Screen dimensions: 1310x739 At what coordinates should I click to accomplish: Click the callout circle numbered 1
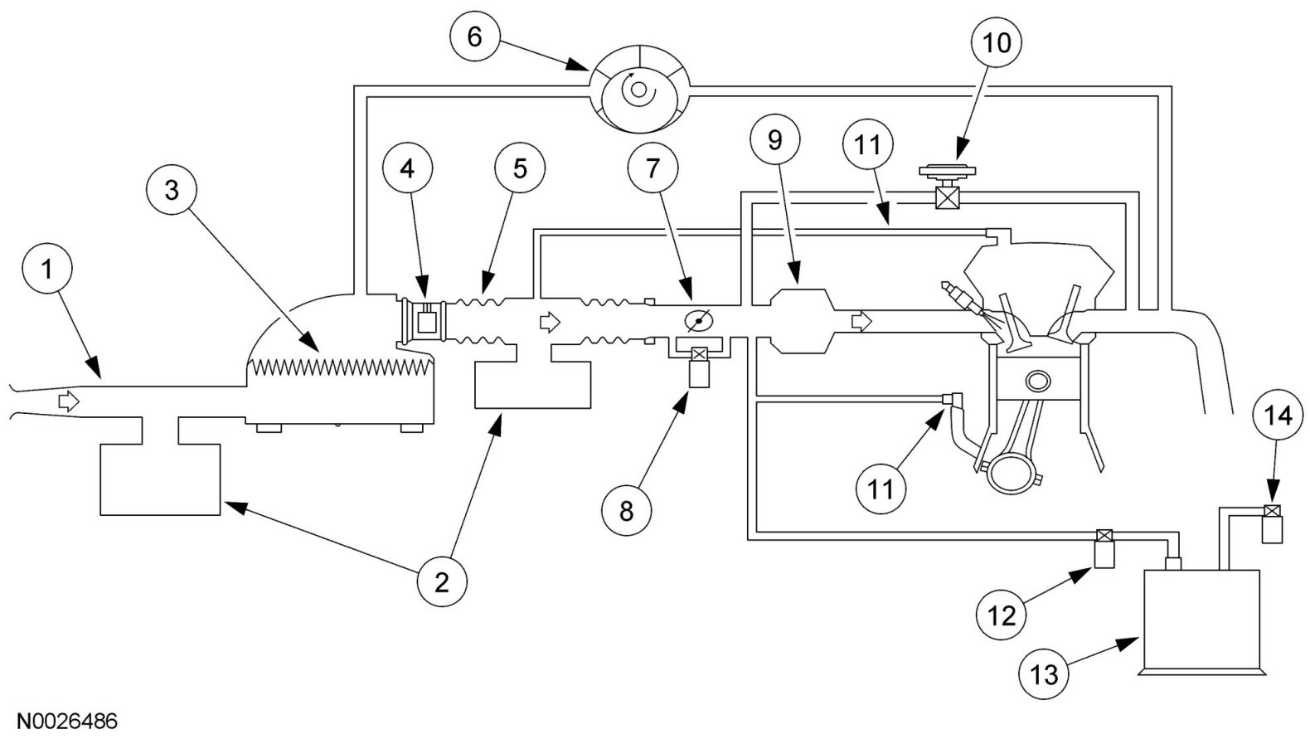tap(46, 270)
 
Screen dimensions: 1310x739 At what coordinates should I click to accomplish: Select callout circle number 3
tap(172, 191)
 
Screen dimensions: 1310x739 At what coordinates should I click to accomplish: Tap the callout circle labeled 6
tap(475, 36)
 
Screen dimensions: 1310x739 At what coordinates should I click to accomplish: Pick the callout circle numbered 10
tap(997, 42)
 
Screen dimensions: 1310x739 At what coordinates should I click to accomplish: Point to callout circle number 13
tap(1044, 674)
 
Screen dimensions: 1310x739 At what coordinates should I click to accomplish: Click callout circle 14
tap(1278, 416)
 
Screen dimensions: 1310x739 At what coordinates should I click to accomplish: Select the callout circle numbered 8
tap(626, 510)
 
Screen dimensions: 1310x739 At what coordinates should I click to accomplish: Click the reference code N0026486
tap(66, 722)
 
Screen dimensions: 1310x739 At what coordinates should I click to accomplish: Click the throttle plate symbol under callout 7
tap(698, 321)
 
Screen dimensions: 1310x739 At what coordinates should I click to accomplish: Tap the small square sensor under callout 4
tap(427, 321)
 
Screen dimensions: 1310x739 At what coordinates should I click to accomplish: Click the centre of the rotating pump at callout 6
tap(638, 90)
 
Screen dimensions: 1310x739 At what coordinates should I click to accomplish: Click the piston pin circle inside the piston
tap(1037, 381)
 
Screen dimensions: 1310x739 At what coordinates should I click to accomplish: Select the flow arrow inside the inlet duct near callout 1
tap(69, 401)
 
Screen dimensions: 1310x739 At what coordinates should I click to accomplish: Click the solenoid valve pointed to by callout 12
tap(1104, 549)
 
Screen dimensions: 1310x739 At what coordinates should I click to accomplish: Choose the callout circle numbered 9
tap(775, 141)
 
